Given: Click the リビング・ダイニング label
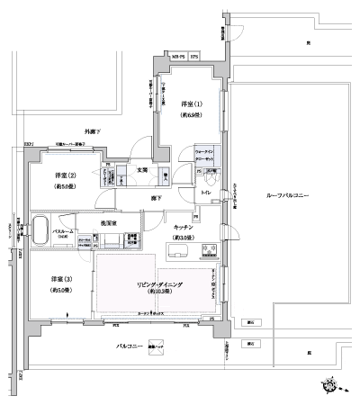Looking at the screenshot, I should tap(159, 284).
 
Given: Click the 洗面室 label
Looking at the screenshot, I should tap(108, 220).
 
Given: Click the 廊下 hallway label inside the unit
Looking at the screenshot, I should tap(157, 196).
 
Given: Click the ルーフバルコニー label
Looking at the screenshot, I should tap(287, 195).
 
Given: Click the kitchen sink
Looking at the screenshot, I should tap(177, 249).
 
